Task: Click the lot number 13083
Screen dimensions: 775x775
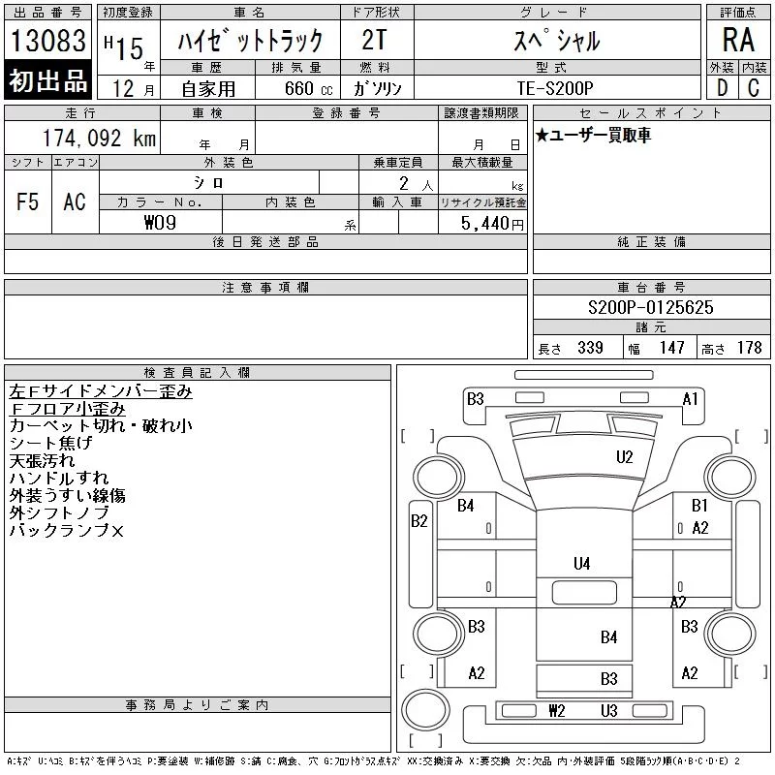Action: coord(47,40)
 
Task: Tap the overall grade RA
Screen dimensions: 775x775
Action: coord(738,40)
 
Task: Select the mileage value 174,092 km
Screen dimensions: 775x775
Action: coord(99,138)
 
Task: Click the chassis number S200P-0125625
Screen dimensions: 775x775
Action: coord(650,307)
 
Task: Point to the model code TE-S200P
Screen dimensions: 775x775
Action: coord(554,88)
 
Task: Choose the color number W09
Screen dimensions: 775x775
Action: coord(160,223)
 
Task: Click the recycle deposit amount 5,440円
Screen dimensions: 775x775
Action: coord(492,224)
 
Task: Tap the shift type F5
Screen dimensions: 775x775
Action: coord(28,201)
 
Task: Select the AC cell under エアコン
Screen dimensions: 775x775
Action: coord(75,201)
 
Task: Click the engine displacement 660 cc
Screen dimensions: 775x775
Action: coord(308,88)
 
